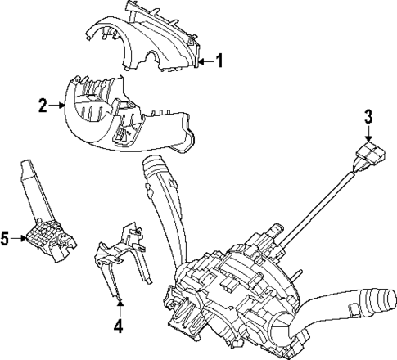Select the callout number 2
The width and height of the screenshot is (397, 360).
[43, 105]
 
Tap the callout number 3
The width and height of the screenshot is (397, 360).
[368, 115]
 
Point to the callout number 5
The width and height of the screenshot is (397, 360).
[6, 239]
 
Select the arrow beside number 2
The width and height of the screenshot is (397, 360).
[56, 105]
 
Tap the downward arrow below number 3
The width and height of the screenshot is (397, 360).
[368, 133]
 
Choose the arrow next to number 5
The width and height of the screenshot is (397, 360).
[20, 239]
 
